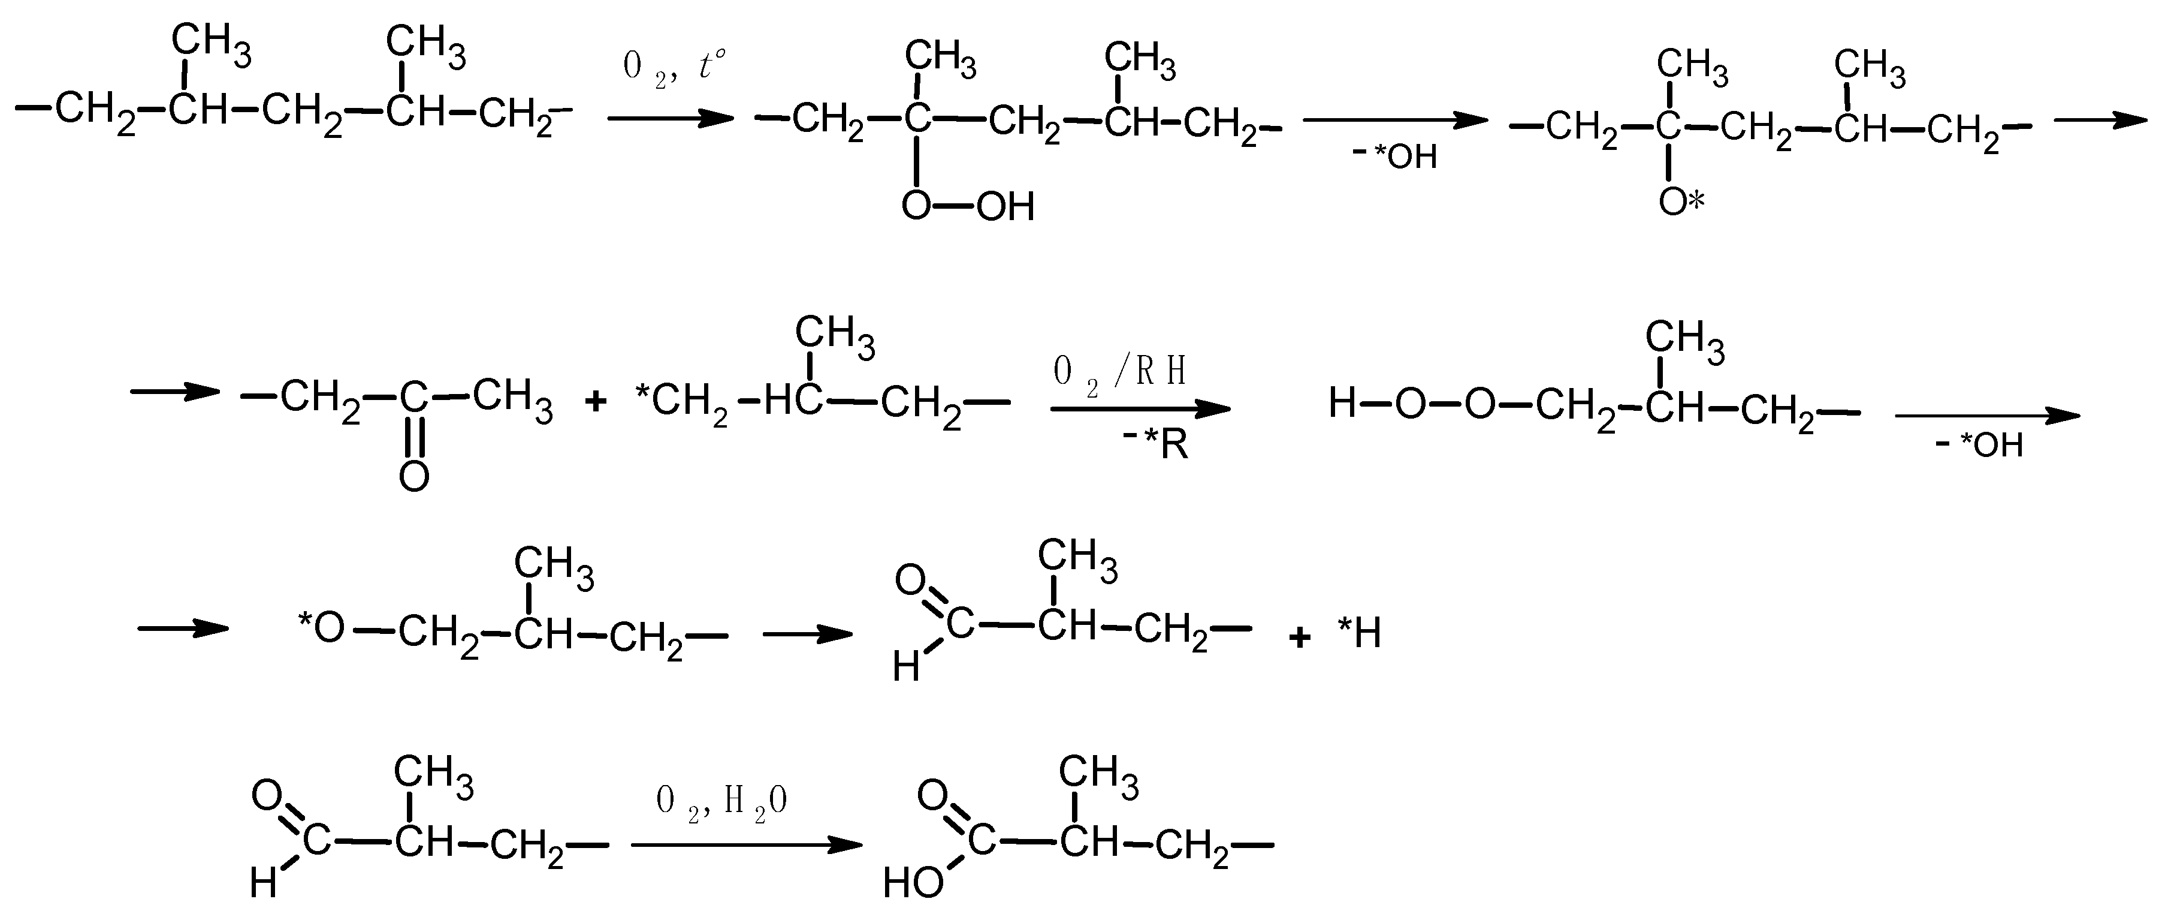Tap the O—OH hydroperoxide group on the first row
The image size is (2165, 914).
[967, 206]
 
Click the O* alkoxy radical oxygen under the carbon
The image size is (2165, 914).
[1680, 202]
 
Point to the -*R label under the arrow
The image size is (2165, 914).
[1156, 443]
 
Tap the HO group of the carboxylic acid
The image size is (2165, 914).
[913, 882]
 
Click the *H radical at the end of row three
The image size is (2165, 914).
[1359, 633]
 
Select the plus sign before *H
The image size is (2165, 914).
[1299, 638]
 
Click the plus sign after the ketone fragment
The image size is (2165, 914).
[595, 402]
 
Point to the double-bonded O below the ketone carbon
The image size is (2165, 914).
[413, 477]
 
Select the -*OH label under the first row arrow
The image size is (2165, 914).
[1394, 157]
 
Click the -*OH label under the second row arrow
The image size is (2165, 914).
[1981, 445]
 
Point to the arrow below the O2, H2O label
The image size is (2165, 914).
[746, 844]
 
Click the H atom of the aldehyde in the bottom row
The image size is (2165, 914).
[263, 883]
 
